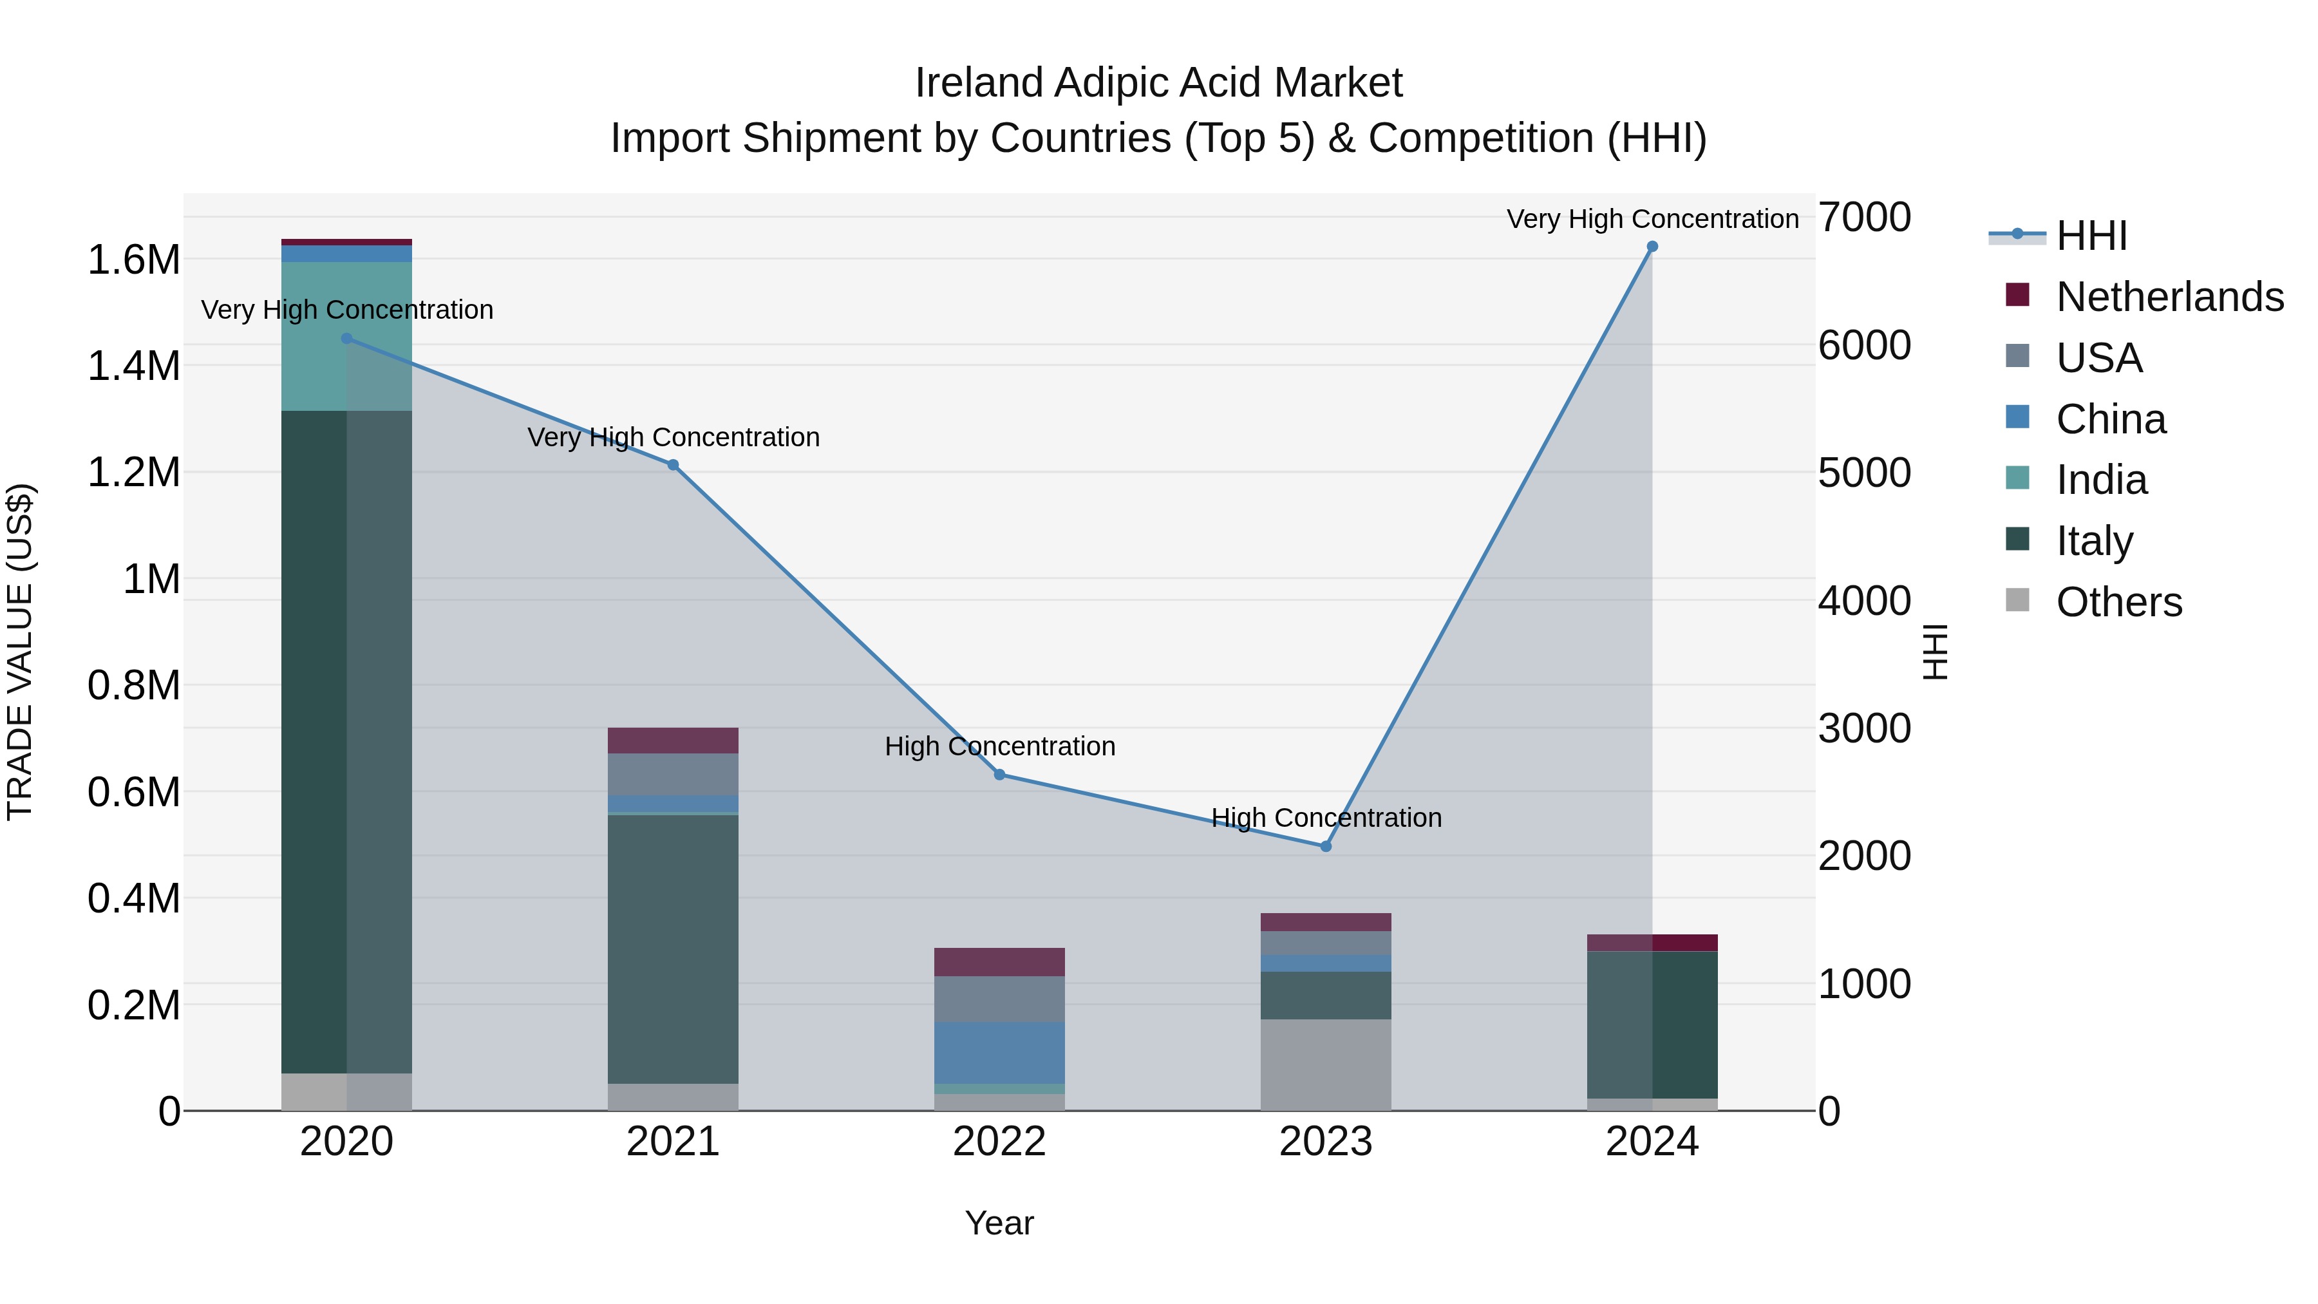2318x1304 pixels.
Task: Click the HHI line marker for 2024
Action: tap(1652, 247)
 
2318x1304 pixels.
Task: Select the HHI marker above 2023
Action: tap(1326, 847)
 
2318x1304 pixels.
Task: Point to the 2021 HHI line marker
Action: tap(673, 466)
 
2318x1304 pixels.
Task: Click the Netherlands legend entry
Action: tap(2169, 297)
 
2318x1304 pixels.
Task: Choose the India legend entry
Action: tap(2101, 480)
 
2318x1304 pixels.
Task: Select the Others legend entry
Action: tap(2119, 602)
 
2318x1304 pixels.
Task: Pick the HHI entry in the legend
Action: tap(2091, 236)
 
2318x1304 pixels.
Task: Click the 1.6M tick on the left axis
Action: tap(133, 260)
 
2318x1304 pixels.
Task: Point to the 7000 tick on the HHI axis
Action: tap(1863, 218)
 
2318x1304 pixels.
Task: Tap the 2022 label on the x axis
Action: tap(999, 1142)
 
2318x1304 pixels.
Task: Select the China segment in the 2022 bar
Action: tap(999, 1052)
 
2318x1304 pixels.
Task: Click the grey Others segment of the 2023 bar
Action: tap(1326, 1064)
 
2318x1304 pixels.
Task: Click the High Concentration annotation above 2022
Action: tap(1000, 746)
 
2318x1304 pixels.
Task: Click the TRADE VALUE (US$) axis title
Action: tap(20, 652)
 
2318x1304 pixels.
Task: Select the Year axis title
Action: tap(999, 1223)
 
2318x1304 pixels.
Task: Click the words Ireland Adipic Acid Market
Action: tap(1158, 83)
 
